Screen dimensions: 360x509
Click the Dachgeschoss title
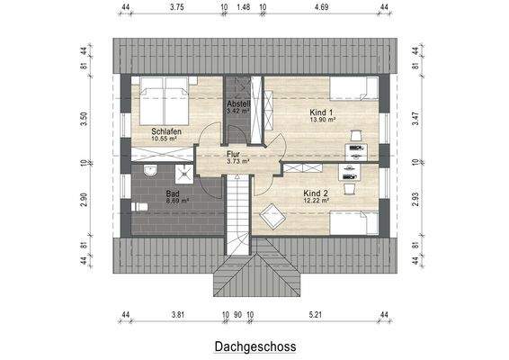[x=254, y=345]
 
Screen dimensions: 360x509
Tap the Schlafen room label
[x=167, y=131]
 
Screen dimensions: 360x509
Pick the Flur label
[x=233, y=154]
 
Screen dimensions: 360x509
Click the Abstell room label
[x=238, y=104]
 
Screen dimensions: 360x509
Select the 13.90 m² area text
[x=322, y=120]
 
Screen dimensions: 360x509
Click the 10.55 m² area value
[x=167, y=139]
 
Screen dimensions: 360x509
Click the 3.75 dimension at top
[x=176, y=7]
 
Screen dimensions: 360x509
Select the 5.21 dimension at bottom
[x=316, y=315]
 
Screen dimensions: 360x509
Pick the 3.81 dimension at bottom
[x=177, y=315]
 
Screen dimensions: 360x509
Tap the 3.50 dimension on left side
[x=84, y=117]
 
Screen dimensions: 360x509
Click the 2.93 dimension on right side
[x=415, y=200]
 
